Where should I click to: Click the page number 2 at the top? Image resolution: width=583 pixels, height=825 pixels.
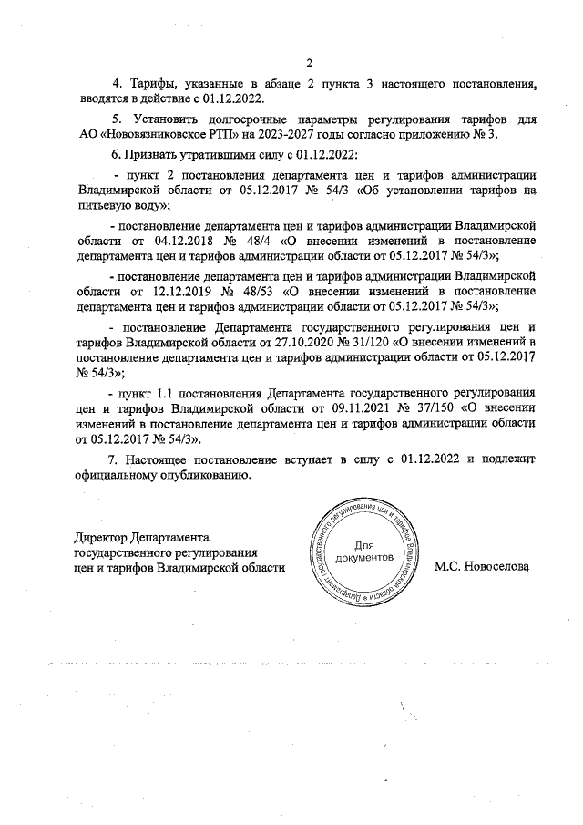click(x=310, y=63)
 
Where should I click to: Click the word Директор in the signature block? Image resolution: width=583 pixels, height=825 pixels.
click(x=101, y=537)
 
